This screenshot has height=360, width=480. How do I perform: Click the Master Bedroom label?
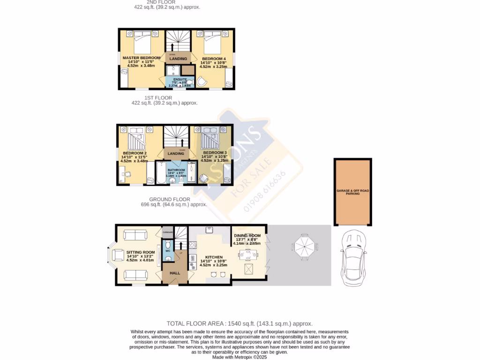(x=141, y=58)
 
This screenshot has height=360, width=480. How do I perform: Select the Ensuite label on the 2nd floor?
(x=180, y=79)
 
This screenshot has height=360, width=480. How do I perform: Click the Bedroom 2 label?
(x=135, y=153)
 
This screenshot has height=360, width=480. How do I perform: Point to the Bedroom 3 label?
(x=215, y=153)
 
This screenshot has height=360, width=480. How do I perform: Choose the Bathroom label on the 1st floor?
(x=177, y=170)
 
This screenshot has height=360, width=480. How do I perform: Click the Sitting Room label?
(x=140, y=252)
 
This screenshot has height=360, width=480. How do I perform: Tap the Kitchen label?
(x=213, y=257)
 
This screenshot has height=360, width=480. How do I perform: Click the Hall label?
(x=174, y=273)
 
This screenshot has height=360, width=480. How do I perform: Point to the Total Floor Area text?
(x=240, y=323)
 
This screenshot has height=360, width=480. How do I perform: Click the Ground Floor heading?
(x=169, y=199)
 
